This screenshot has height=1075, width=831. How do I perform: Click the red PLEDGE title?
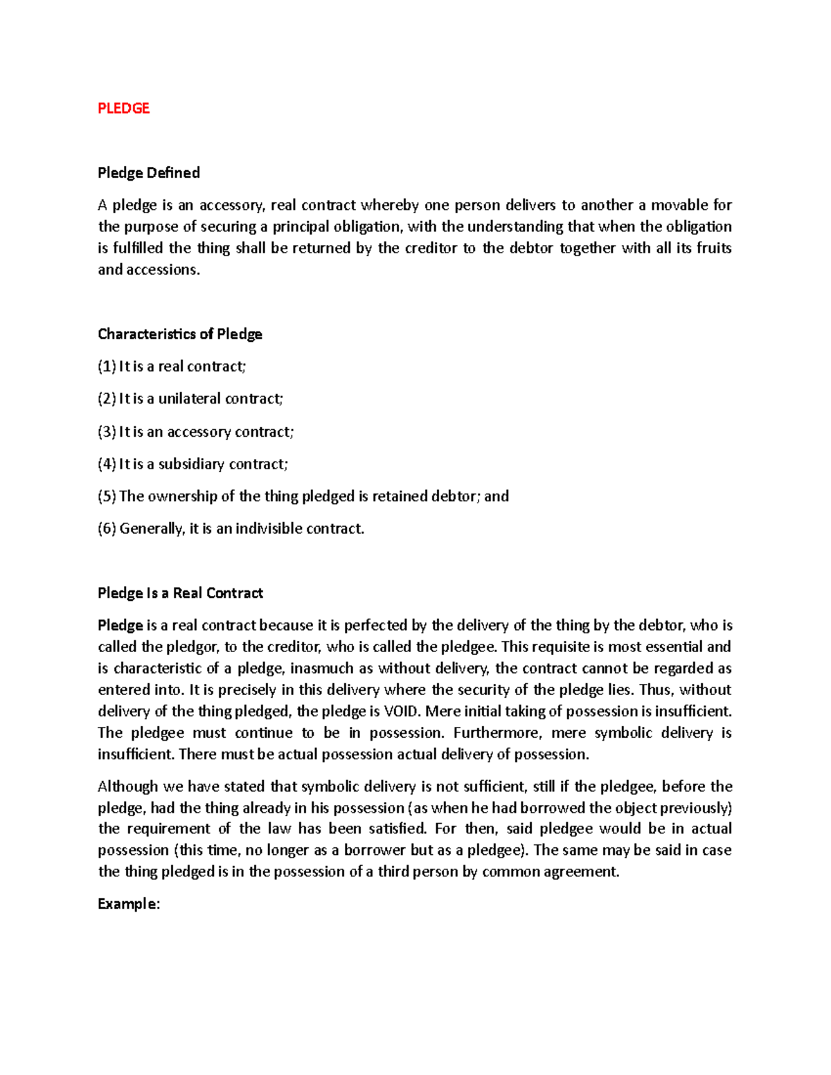[x=123, y=108]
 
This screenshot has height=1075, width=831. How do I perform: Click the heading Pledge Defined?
[x=148, y=172]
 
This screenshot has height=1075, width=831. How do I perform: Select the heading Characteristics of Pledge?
[x=179, y=334]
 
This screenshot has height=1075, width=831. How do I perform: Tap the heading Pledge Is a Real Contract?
[x=180, y=593]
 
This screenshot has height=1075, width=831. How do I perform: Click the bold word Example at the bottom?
[x=128, y=903]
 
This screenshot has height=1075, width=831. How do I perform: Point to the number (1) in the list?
[x=107, y=366]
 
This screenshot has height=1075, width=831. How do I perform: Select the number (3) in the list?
[x=107, y=431]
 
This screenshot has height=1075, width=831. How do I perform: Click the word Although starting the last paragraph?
[x=128, y=786]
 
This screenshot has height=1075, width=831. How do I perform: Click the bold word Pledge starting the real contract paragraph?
[x=120, y=625]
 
